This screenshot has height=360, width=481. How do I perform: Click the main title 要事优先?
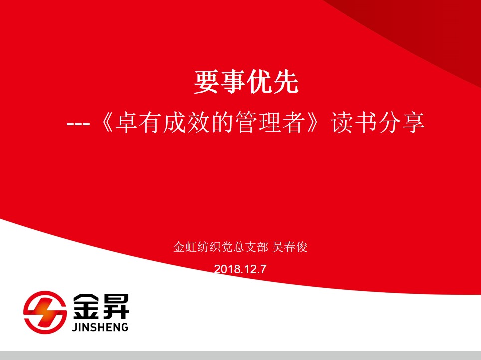click(x=246, y=82)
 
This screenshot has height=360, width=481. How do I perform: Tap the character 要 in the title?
click(x=206, y=82)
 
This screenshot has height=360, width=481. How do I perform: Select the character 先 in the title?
click(x=286, y=82)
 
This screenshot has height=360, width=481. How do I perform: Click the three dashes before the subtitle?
click(x=78, y=124)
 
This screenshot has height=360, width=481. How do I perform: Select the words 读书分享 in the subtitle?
click(x=378, y=123)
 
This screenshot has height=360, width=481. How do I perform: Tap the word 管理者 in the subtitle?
click(x=270, y=123)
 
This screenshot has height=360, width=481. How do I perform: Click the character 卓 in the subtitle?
click(x=126, y=123)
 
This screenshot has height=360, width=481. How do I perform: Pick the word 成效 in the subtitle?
click(x=186, y=123)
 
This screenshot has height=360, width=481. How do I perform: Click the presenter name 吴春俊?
click(x=289, y=247)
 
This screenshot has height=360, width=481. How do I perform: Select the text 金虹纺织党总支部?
click(x=221, y=247)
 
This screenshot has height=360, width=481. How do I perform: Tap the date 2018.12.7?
click(x=240, y=269)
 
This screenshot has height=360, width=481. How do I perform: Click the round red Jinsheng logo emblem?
click(x=45, y=312)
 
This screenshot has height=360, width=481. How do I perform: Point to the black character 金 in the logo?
click(x=87, y=306)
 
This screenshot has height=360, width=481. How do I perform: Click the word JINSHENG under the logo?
click(x=100, y=327)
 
